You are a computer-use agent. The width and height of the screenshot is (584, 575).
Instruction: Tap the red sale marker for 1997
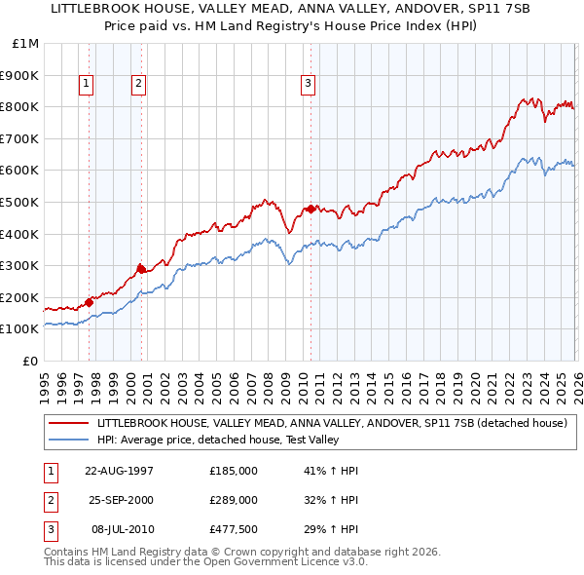tap(90, 302)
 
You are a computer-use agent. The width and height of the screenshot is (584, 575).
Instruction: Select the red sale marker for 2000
tap(142, 269)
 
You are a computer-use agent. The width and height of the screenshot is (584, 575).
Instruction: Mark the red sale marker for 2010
tap(310, 209)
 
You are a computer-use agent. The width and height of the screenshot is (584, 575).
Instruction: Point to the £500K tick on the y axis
tap(19, 202)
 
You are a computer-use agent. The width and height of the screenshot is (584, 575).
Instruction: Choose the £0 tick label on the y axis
tap(30, 361)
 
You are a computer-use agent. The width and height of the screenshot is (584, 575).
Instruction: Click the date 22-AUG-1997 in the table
tap(120, 470)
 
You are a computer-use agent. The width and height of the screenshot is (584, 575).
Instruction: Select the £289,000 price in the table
tap(234, 499)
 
